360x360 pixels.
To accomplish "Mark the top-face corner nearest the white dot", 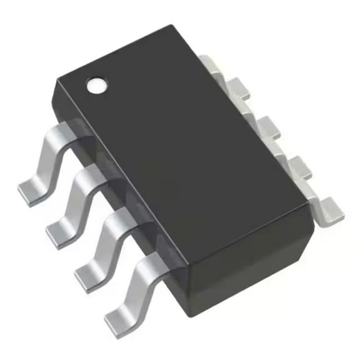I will (58, 80).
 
